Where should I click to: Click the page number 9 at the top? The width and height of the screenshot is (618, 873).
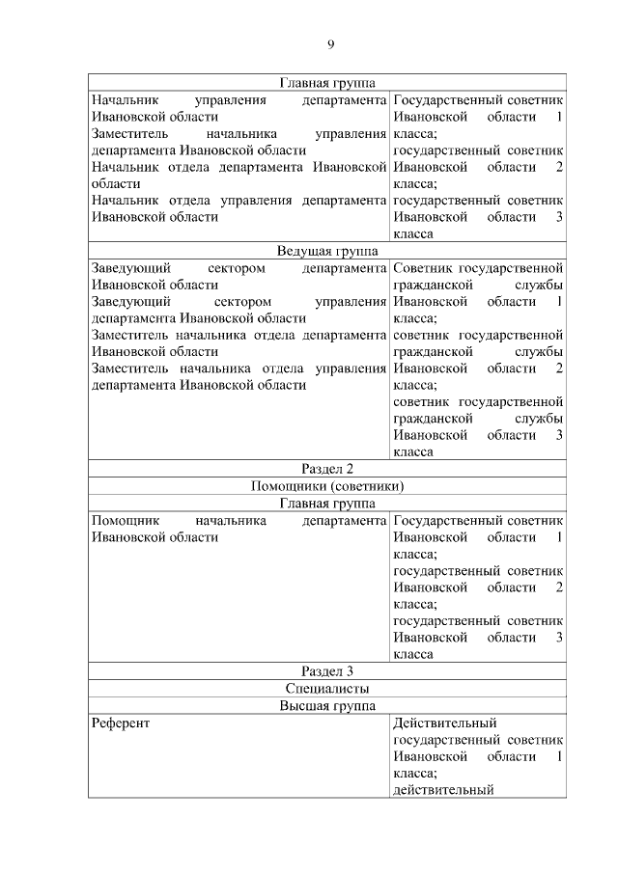click(330, 44)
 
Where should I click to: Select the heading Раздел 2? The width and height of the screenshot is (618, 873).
click(327, 469)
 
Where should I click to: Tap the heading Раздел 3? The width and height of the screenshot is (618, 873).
click(327, 671)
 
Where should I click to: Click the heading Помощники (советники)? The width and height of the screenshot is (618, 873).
click(327, 486)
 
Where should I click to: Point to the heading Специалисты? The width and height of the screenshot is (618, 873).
click(327, 689)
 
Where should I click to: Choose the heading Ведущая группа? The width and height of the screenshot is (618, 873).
click(327, 251)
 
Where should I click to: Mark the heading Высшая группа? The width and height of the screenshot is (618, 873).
click(327, 705)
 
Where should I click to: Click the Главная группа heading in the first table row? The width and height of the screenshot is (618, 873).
click(327, 83)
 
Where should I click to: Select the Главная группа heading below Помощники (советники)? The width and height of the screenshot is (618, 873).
click(327, 503)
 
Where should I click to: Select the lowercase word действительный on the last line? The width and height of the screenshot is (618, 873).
click(443, 790)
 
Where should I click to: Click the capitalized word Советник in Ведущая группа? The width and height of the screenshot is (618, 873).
click(423, 268)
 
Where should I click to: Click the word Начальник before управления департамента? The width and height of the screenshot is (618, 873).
click(126, 99)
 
